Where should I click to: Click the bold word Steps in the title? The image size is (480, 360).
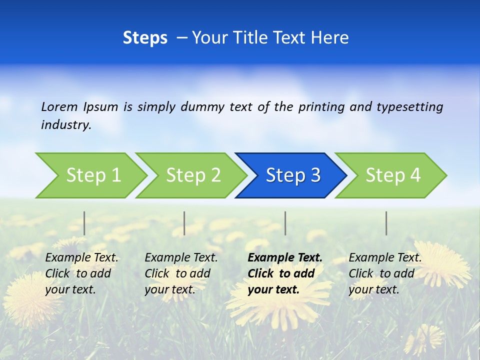pyautogui.click(x=145, y=37)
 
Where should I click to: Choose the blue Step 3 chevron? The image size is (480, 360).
pyautogui.click(x=293, y=175)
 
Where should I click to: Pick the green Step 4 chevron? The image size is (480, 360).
pyautogui.click(x=393, y=175)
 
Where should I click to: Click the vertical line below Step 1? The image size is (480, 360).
pyautogui.click(x=84, y=223)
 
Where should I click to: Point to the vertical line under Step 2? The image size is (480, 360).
pyautogui.click(x=184, y=223)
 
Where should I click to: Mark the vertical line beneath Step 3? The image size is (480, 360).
pyautogui.click(x=285, y=223)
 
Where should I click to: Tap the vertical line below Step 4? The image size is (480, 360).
pyautogui.click(x=386, y=223)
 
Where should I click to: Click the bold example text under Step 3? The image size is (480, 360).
pyautogui.click(x=284, y=273)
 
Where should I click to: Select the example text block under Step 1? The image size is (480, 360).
pyautogui.click(x=81, y=273)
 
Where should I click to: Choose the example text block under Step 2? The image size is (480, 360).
pyautogui.click(x=181, y=273)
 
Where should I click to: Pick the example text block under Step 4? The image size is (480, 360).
pyautogui.click(x=384, y=273)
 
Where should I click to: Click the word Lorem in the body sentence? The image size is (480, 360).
pyautogui.click(x=59, y=106)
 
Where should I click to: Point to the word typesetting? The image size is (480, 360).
pyautogui.click(x=409, y=106)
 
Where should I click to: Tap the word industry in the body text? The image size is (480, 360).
pyautogui.click(x=65, y=124)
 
